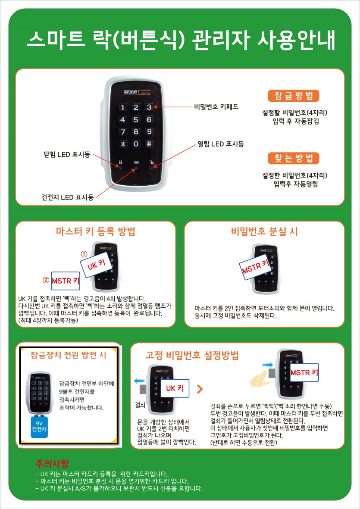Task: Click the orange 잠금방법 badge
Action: [x=294, y=96]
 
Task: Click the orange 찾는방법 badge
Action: [x=294, y=159]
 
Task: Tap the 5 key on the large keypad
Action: [x=136, y=119]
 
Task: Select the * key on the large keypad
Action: [x=123, y=144]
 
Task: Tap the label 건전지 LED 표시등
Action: [x=67, y=197]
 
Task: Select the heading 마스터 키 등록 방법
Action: [x=96, y=232]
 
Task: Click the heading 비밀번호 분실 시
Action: [x=265, y=232]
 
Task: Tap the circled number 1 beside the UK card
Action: [x=84, y=253]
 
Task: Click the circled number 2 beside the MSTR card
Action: [x=47, y=279]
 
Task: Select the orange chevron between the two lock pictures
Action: [x=200, y=388]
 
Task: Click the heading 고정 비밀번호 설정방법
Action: [x=192, y=356]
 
